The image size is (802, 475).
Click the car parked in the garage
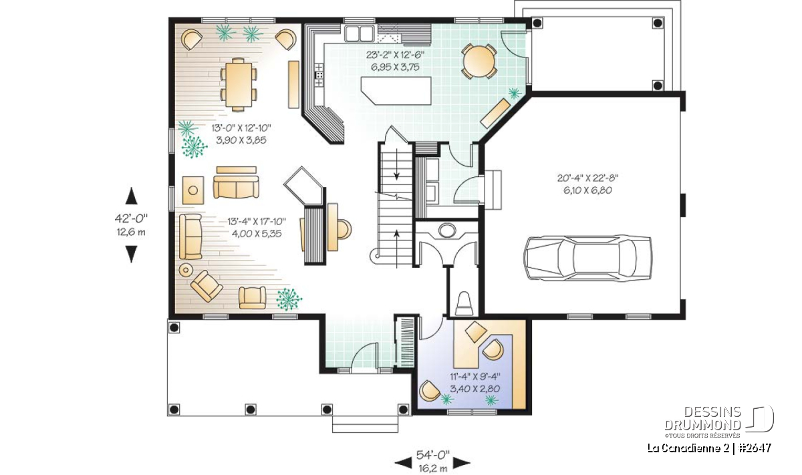point(587,257)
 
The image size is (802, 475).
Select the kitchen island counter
point(396,91)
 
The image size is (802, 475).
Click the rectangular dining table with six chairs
point(239,84)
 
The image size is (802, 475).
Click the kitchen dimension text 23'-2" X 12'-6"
point(395,55)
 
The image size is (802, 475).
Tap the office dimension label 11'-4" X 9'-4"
point(475,377)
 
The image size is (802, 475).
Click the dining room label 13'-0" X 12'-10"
point(241,128)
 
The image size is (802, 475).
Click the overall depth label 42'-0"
point(131,218)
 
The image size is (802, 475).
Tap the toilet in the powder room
point(464,304)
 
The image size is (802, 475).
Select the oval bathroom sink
point(447,230)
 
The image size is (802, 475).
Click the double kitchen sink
point(359,33)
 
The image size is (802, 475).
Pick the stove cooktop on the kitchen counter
point(319,75)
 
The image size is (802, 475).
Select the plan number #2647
point(755,448)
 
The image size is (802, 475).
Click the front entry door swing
point(364,355)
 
